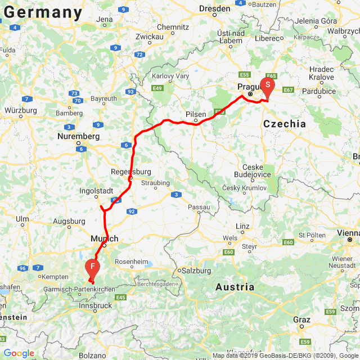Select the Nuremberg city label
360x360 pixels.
(78, 137)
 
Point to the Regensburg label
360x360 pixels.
(131, 172)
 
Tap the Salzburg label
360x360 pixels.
(193, 271)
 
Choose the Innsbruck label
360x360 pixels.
(95, 305)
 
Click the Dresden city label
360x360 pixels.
(215, 9)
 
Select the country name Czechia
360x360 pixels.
(284, 124)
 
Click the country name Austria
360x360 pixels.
(235, 287)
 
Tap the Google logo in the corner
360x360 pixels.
(19, 353)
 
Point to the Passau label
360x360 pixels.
(199, 207)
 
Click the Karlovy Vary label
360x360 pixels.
(171, 76)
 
